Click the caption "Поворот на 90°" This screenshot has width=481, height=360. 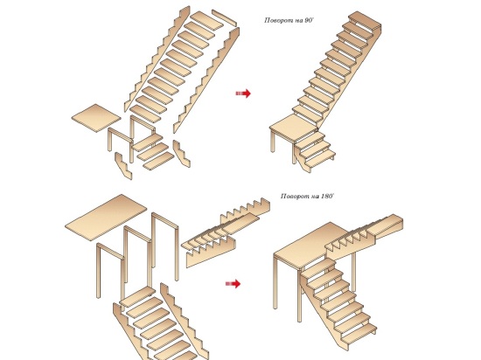[x=289, y=20]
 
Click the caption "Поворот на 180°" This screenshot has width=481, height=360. [x=307, y=196]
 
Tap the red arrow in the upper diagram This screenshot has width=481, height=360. [x=243, y=93]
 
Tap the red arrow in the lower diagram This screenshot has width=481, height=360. [x=233, y=284]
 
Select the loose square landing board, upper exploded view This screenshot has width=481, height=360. [x=96, y=118]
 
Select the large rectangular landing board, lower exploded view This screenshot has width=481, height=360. [x=106, y=217]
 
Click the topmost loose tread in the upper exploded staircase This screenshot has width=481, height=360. [x=206, y=21]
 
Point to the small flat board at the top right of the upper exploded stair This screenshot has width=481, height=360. [x=224, y=17]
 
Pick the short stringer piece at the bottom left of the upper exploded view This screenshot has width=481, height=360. [x=123, y=165]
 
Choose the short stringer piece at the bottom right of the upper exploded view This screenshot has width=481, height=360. [x=181, y=153]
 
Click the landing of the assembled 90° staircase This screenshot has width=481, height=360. [x=294, y=128]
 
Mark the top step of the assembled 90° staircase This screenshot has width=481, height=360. [x=365, y=21]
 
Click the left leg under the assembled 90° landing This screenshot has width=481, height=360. [x=273, y=141]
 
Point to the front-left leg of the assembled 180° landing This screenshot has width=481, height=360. [x=275, y=282]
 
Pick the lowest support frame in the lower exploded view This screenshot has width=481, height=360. [x=110, y=271]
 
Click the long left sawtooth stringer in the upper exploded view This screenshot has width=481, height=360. [x=157, y=59]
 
